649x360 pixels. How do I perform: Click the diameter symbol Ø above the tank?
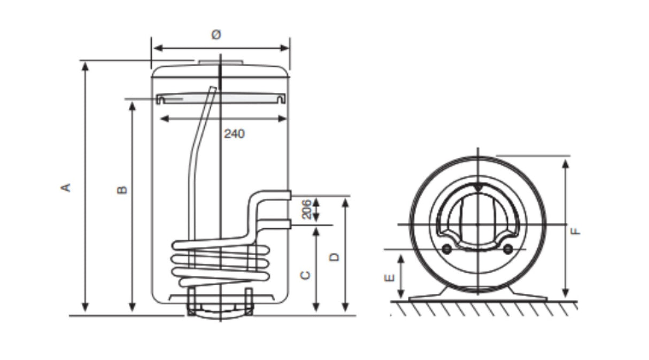pos(216,35)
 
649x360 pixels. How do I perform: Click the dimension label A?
pos(66,187)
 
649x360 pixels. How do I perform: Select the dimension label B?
pos(122,189)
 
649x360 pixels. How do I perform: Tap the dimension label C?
pos(305,275)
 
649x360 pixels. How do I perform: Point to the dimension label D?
pos(335,257)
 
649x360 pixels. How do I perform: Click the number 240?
pos(234,134)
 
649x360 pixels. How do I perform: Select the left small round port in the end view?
pos(446,249)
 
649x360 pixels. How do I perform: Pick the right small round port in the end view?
pos(508,249)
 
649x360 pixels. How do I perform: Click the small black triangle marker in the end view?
pos(477,188)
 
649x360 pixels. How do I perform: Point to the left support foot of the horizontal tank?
pos(428,294)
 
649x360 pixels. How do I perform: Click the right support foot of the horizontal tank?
pos(527,294)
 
